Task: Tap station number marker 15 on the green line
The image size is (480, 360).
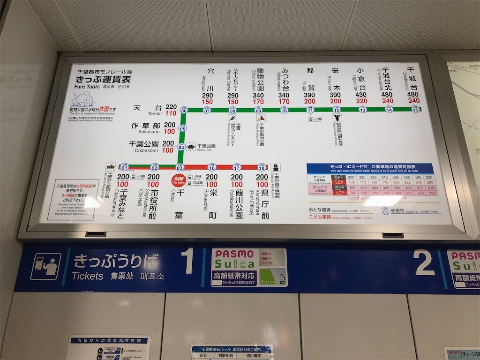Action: [415, 109]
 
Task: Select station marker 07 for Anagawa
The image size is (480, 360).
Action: [207, 111]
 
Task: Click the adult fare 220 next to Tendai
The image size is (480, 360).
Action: [171, 107]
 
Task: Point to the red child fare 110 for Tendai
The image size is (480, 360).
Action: [171, 113]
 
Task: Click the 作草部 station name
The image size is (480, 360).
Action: [146, 125]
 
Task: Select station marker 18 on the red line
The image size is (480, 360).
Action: [262, 167]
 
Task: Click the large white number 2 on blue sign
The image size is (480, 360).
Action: [424, 263]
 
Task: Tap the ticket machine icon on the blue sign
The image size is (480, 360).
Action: [46, 266]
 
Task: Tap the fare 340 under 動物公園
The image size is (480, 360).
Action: [258, 95]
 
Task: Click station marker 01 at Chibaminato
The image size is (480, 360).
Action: [124, 167]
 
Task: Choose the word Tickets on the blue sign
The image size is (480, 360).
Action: [88, 276]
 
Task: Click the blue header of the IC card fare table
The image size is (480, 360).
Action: [369, 168]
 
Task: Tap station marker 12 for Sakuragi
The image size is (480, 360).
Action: [336, 110]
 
